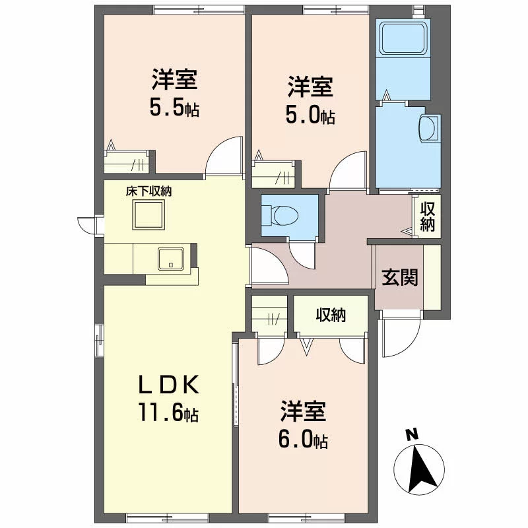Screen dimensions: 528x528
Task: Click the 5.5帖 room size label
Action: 174,108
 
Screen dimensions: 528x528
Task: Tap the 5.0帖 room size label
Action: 310,115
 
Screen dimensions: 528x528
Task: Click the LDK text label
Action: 169,385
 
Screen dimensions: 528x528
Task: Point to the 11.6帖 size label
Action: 168,413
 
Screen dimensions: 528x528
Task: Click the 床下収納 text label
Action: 148,191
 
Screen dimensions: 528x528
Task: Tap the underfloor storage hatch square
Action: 148,215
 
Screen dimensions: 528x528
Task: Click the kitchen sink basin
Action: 171,259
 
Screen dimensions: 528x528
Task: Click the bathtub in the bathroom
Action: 403,38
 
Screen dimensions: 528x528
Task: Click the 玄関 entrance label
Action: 400,277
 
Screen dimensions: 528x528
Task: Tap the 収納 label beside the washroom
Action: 427,217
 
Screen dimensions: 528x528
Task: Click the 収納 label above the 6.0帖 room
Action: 331,315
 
